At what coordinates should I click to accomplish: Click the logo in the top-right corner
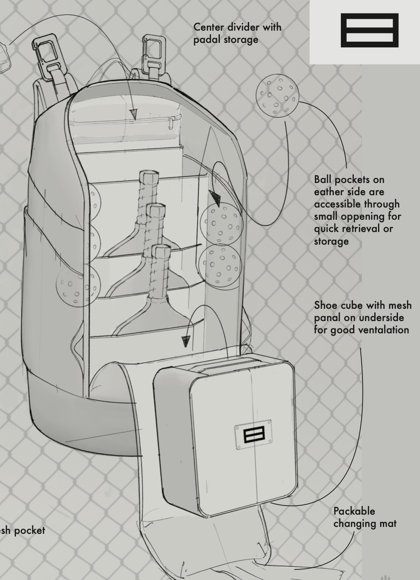369,30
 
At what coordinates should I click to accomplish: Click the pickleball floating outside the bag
277,96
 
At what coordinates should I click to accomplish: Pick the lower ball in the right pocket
220,265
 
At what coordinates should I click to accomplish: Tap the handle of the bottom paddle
160,270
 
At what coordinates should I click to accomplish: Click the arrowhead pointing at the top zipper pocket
133,114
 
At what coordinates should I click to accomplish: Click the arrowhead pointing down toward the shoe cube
186,341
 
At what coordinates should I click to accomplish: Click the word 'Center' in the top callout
209,27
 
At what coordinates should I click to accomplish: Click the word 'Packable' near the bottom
354,511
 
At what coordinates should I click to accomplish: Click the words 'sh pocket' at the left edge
22,531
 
